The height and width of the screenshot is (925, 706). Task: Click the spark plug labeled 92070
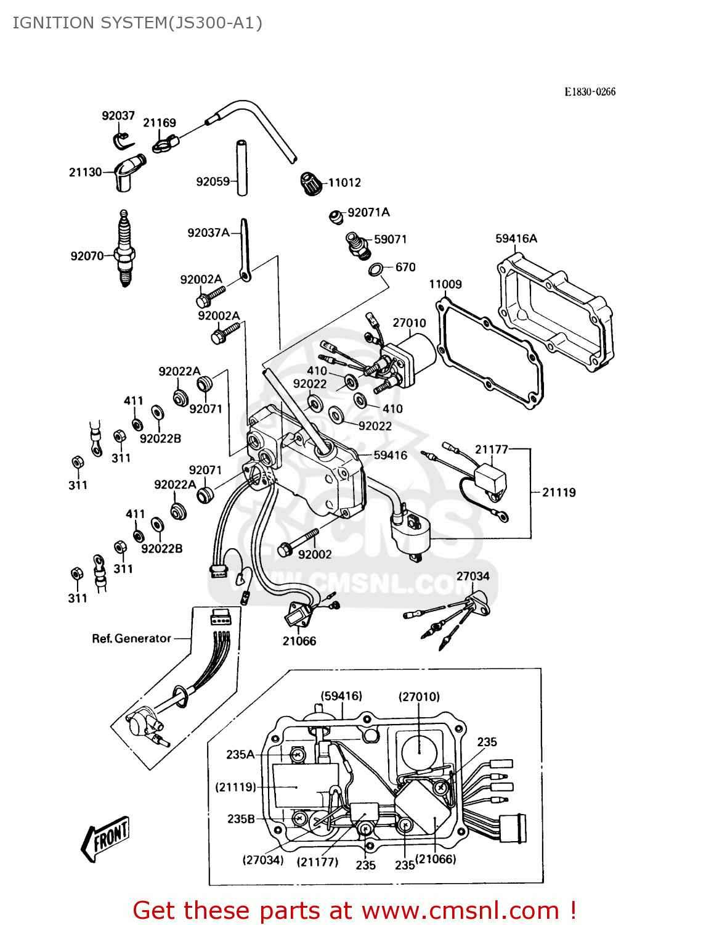(x=125, y=250)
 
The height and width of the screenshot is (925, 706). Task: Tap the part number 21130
(x=85, y=172)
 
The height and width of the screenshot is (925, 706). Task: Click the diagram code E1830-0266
(x=590, y=92)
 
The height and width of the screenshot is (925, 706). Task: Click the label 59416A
(x=516, y=239)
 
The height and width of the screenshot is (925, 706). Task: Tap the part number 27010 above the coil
(x=409, y=323)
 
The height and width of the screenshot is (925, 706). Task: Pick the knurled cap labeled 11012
(x=311, y=183)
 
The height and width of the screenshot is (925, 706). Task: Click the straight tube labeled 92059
(x=242, y=168)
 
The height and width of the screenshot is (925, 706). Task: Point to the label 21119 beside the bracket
(x=559, y=492)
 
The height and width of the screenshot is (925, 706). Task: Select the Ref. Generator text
(x=131, y=638)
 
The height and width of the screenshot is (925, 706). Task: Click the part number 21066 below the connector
(x=299, y=641)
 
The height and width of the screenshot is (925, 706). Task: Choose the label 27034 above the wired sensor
(x=473, y=576)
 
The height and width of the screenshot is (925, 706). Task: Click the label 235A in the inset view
(x=240, y=754)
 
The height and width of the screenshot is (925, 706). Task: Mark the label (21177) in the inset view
(x=317, y=861)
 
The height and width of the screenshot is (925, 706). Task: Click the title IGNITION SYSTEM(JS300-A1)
(x=137, y=23)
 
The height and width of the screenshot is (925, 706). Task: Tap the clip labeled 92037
(x=123, y=141)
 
